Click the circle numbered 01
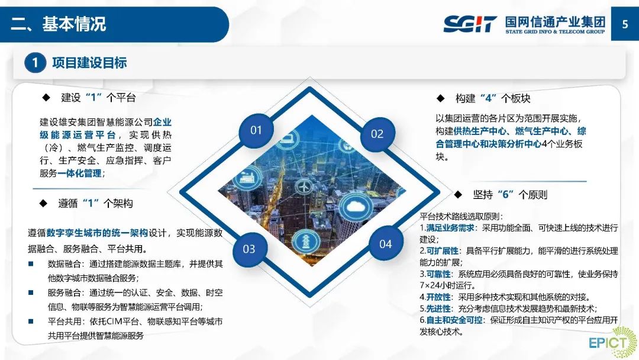pyautogui.click(x=256, y=130)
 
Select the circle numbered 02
pyautogui.click(x=377, y=134)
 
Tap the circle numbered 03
pyautogui.click(x=249, y=249)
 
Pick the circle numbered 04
pyautogui.click(x=385, y=244)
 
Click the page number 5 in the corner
pyautogui.click(x=625, y=24)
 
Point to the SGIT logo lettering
pyautogui.click(x=470, y=24)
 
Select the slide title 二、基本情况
pyautogui.click(x=59, y=24)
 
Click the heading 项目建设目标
pyautogui.click(x=89, y=63)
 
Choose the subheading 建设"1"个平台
pyautogui.click(x=98, y=97)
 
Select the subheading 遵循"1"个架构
pyautogui.click(x=95, y=203)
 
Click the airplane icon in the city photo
pyautogui.click(x=303, y=185)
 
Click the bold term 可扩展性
pyautogui.click(x=438, y=250)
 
